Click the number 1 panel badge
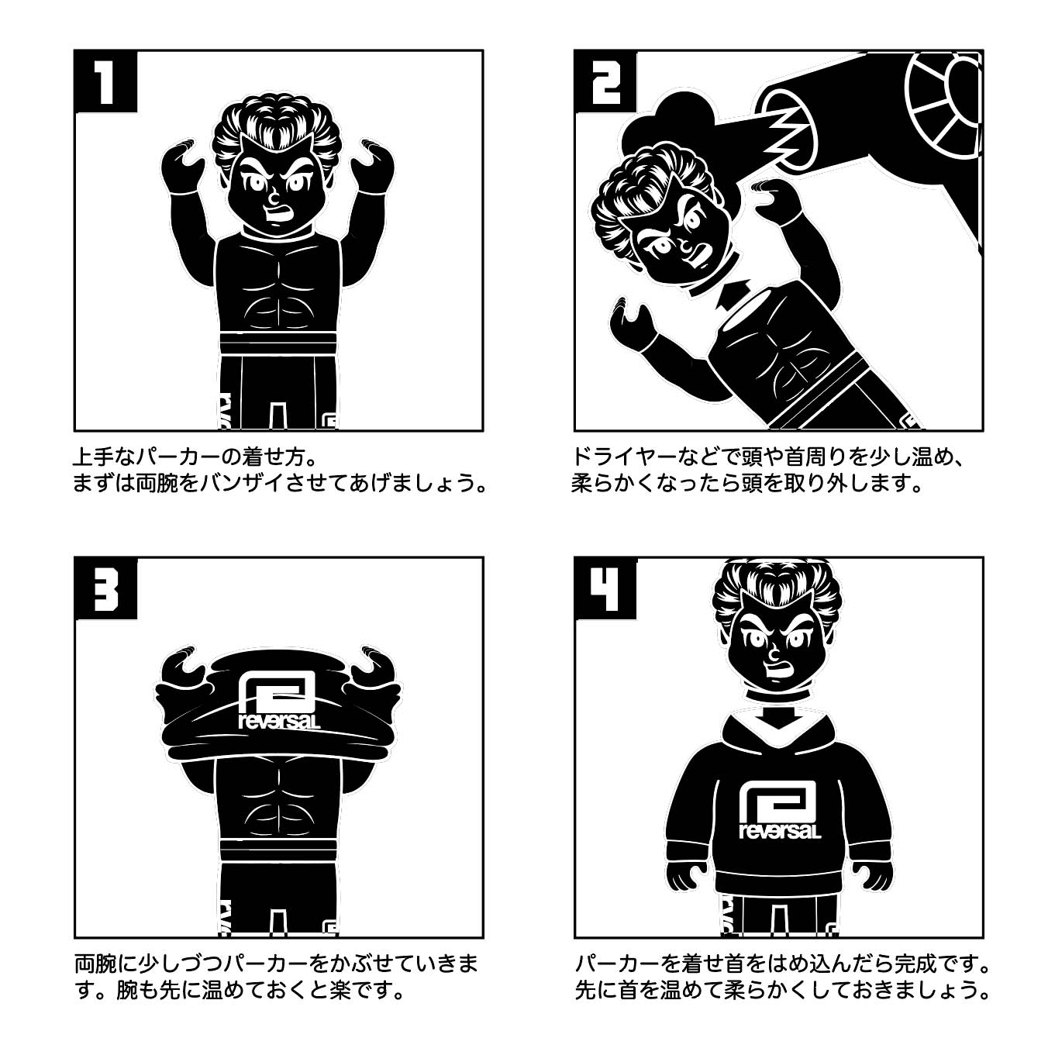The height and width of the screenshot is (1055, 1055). click(x=105, y=80)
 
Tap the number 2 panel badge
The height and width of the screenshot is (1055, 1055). click(x=605, y=80)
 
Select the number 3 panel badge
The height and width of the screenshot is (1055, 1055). click(x=105, y=587)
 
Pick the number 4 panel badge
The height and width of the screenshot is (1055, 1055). click(x=605, y=587)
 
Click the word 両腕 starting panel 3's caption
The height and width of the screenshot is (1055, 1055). click(x=95, y=964)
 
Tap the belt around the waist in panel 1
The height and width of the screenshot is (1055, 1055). click(x=277, y=342)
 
